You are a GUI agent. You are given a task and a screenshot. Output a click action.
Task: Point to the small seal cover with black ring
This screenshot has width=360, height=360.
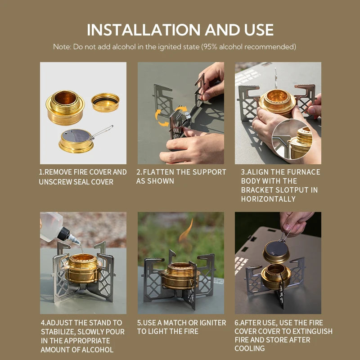point(105,102)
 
